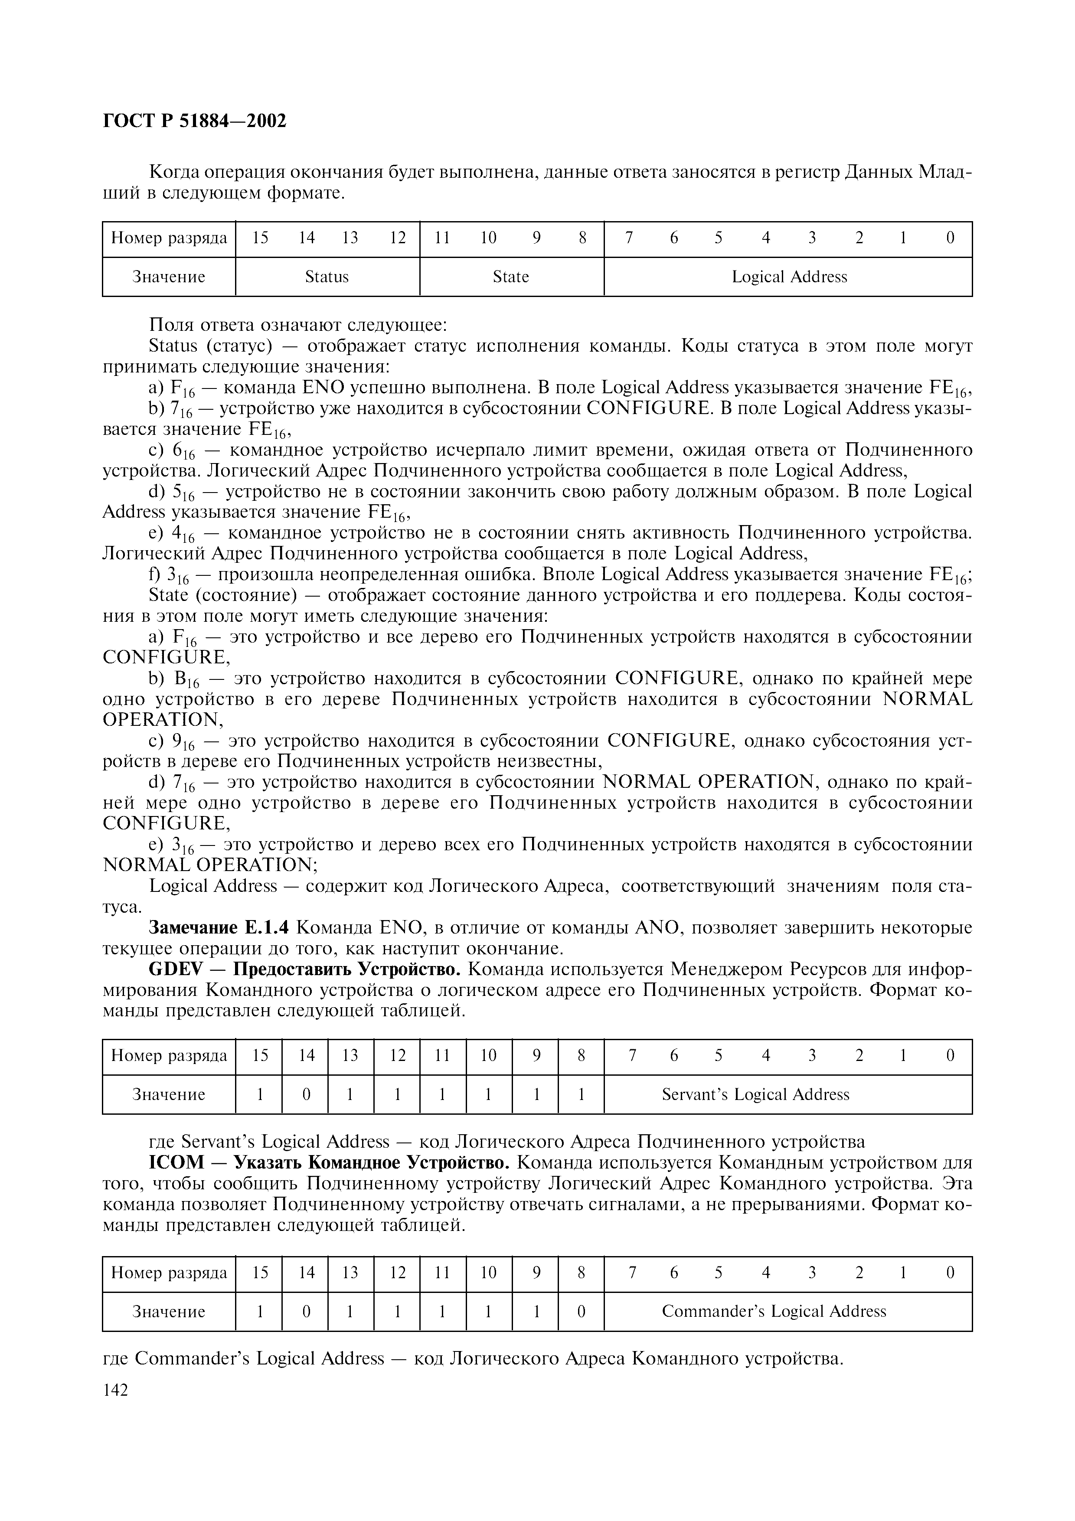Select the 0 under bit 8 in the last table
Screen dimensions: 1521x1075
581,1311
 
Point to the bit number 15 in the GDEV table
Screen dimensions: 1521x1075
260,1055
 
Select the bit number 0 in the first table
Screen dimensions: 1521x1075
950,238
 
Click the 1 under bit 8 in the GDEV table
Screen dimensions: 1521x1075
581,1094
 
